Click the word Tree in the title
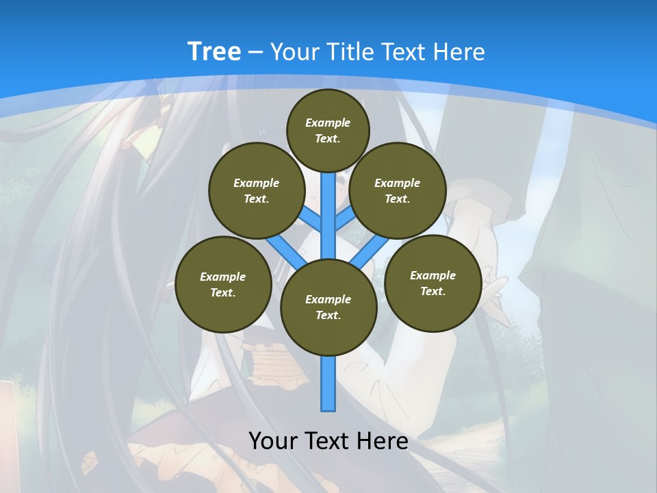pos(214,51)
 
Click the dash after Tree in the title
pos(255,52)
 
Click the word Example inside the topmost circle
pos(328,123)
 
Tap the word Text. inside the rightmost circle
pos(433,291)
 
